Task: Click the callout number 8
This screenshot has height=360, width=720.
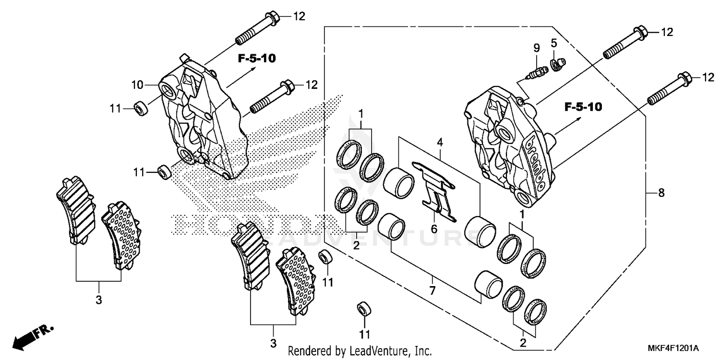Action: pos(661,193)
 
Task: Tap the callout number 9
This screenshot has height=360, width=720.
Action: pos(537,48)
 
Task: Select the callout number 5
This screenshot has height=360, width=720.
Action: pos(553,44)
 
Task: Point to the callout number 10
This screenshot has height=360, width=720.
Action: pos(138,85)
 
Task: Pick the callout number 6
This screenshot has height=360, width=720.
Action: pos(434,229)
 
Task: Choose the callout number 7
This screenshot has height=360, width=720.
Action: pos(432,290)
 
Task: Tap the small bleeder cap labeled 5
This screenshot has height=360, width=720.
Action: pos(558,63)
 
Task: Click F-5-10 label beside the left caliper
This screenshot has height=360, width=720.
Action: pos(256,59)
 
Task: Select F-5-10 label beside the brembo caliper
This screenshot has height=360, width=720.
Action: pos(583,107)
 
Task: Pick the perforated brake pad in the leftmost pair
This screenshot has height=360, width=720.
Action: pos(122,235)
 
